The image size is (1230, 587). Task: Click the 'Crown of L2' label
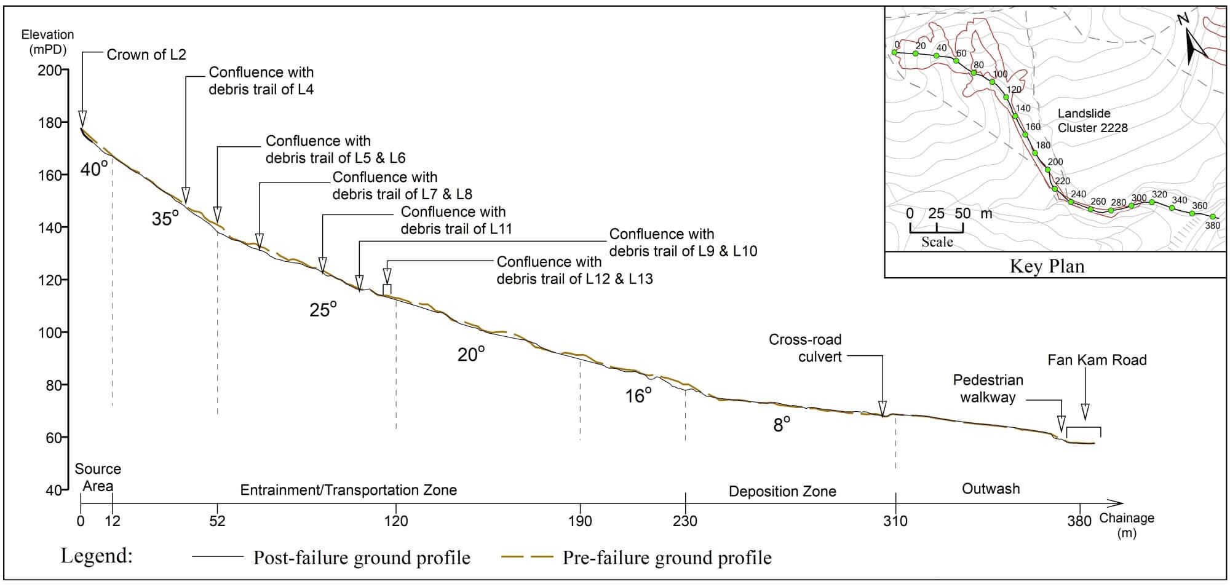point(146,55)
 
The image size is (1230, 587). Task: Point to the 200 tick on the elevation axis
point(64,70)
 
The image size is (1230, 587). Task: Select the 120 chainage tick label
point(396,521)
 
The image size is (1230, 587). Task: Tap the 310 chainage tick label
point(895,521)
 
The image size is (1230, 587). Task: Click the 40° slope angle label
point(93,169)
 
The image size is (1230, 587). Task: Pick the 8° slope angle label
point(781,425)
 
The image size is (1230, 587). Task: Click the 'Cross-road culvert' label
point(805,348)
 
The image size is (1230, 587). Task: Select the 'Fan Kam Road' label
point(1097,360)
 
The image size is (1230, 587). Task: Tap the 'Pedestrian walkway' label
point(988,388)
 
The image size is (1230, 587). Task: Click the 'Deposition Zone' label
point(782,491)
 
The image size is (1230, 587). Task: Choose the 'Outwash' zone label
point(991,489)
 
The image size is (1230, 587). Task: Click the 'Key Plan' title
point(1047,266)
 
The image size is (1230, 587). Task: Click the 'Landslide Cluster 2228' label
point(1092,120)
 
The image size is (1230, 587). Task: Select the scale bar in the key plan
point(936,228)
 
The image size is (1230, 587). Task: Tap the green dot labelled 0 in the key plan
point(894,53)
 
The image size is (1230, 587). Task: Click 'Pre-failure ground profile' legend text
point(667,557)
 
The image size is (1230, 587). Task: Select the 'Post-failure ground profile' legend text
point(362,557)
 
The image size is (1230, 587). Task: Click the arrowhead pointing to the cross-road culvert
point(883,408)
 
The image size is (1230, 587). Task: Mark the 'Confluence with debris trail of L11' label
point(456,221)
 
